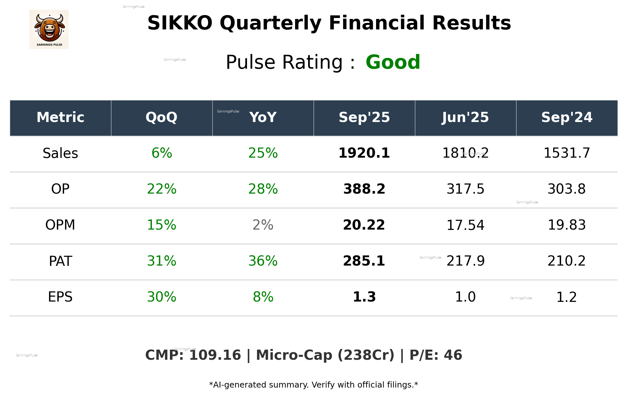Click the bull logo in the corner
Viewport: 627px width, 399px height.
coord(49,29)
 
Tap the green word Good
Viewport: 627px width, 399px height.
coord(393,62)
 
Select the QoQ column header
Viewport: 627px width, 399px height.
coord(161,117)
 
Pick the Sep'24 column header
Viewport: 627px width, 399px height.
coord(567,117)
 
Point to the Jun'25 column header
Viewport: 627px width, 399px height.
coord(465,117)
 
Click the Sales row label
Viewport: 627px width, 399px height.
coord(60,153)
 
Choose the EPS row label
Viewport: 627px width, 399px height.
coord(60,297)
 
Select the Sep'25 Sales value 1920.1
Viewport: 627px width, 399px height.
coord(364,153)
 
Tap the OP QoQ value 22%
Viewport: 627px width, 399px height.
coord(161,189)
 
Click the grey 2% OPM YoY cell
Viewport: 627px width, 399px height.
coord(263,225)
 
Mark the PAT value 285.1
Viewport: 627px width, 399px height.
coord(364,261)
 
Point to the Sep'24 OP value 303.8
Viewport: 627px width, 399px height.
coord(567,189)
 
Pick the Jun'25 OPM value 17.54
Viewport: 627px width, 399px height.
coord(465,225)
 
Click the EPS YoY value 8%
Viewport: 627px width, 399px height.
coord(263,297)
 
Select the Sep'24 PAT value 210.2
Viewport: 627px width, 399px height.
coord(567,261)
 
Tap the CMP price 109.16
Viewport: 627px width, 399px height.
coord(215,356)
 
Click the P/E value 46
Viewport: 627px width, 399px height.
coord(453,356)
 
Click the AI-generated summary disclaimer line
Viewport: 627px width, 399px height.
coord(313,385)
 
